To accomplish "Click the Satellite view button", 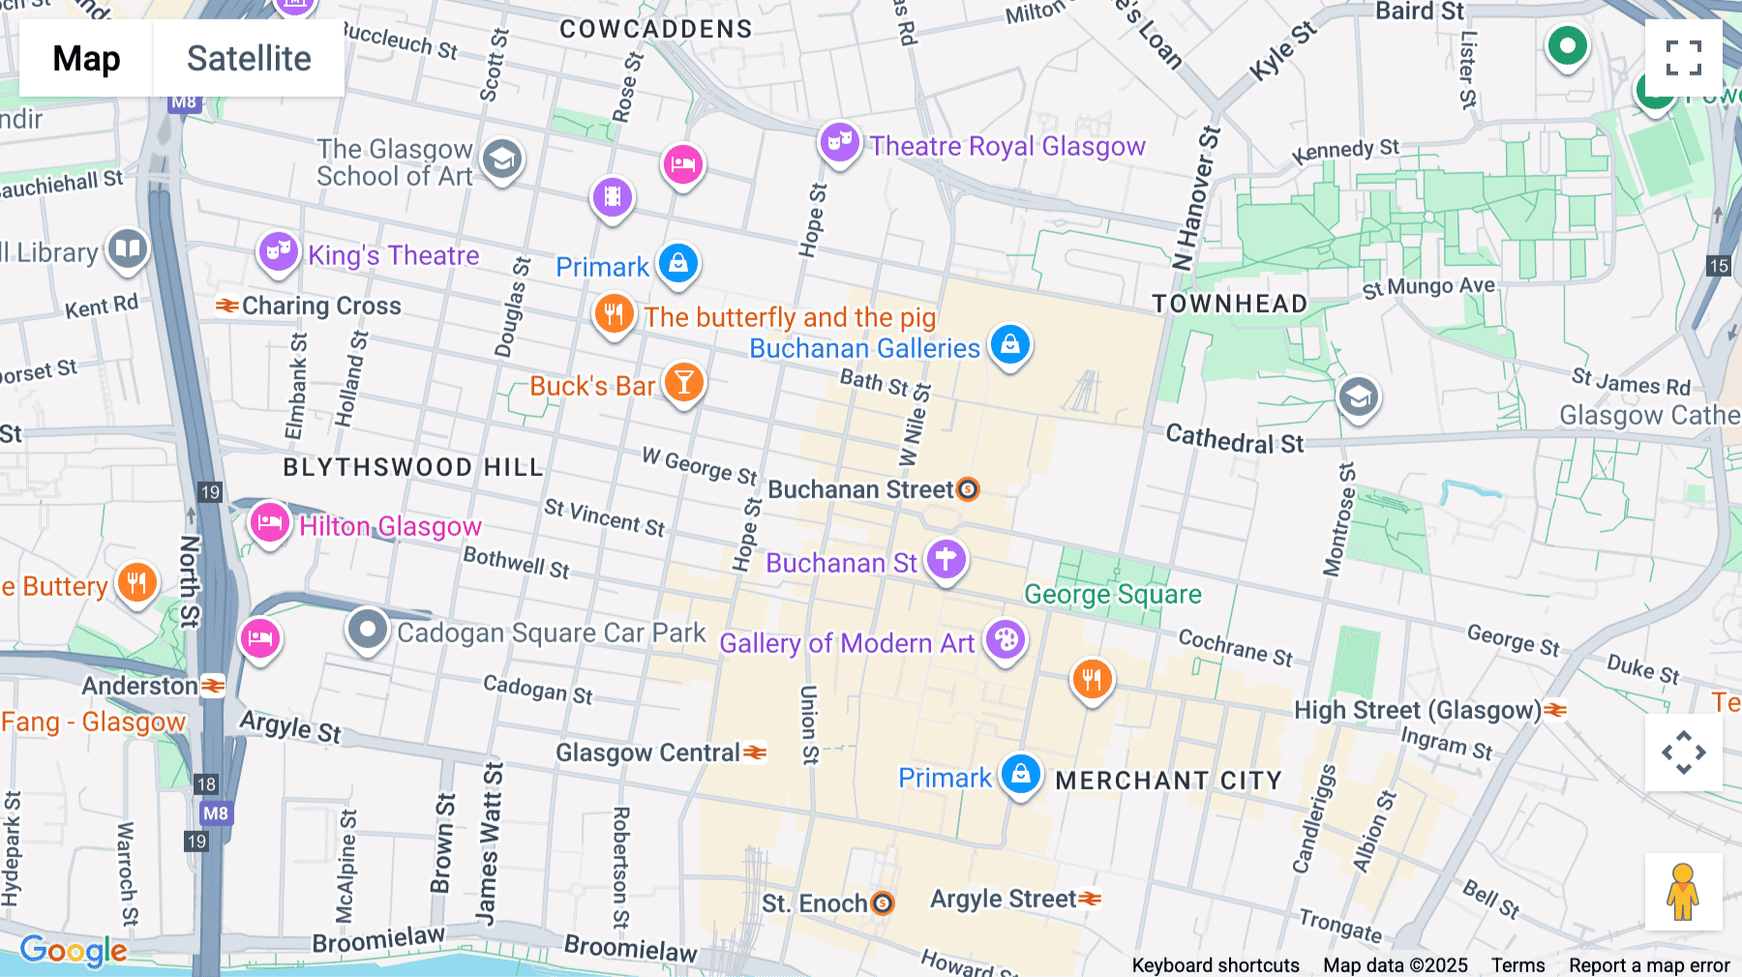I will point(249,59).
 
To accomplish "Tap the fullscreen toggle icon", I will point(1683,58).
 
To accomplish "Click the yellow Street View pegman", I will point(1683,892).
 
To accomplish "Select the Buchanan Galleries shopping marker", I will point(1009,344).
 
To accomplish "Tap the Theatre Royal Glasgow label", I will point(1006,146).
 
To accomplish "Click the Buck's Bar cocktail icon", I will point(683,383).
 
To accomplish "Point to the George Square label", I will point(1112,594).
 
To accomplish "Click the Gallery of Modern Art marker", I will point(1006,640).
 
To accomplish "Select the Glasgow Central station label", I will point(647,753).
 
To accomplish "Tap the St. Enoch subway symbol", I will point(882,903).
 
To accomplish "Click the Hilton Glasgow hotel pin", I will point(269,523).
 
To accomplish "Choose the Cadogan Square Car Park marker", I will point(368,630).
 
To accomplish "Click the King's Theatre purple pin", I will point(278,252).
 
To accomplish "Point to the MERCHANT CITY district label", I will point(1168,781).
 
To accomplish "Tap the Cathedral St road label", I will point(1234,440).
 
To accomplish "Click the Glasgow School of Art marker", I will point(501,159).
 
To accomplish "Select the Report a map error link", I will point(1648,964).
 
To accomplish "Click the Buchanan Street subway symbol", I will point(968,489).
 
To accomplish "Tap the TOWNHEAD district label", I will point(1229,304).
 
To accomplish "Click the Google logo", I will point(74,950).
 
